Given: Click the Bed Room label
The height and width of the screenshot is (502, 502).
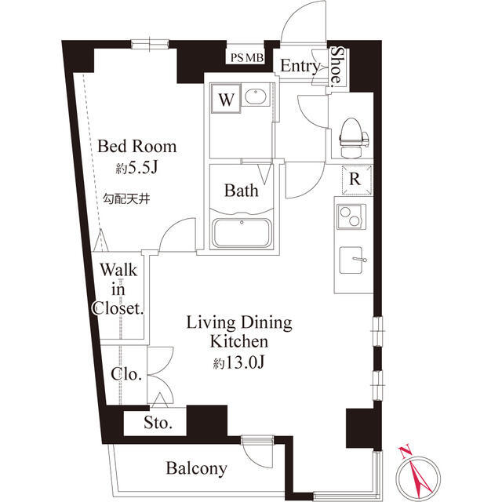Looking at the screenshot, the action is click(x=136, y=147).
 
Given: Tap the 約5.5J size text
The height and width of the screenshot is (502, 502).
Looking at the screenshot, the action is click(x=136, y=167).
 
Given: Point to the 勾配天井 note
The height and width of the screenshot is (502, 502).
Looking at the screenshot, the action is click(x=126, y=199).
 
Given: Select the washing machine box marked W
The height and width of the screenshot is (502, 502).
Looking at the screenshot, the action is click(x=226, y=98).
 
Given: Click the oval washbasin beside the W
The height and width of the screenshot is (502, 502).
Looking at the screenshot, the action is click(x=255, y=96).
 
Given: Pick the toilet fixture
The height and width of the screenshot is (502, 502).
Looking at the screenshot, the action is click(x=353, y=138).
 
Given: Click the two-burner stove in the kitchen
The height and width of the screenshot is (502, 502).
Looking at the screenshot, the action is click(x=351, y=216).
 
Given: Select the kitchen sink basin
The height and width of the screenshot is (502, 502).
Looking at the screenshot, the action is click(x=351, y=260).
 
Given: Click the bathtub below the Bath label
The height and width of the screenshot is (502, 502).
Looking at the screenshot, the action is click(x=242, y=233).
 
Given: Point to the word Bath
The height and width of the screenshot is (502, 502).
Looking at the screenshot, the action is click(x=241, y=191).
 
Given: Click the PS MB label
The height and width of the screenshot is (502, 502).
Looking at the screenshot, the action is click(x=247, y=57).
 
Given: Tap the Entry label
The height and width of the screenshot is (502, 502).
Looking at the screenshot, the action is click(x=300, y=66).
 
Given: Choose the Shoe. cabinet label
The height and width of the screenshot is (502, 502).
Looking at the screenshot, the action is click(x=336, y=65).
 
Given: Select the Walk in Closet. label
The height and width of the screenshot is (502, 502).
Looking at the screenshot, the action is click(x=118, y=289).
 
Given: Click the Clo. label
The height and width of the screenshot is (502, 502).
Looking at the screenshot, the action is click(x=126, y=374).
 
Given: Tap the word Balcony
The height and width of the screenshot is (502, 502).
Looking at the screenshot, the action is click(x=197, y=469).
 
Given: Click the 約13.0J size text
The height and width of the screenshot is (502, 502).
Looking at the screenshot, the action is click(x=238, y=362).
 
